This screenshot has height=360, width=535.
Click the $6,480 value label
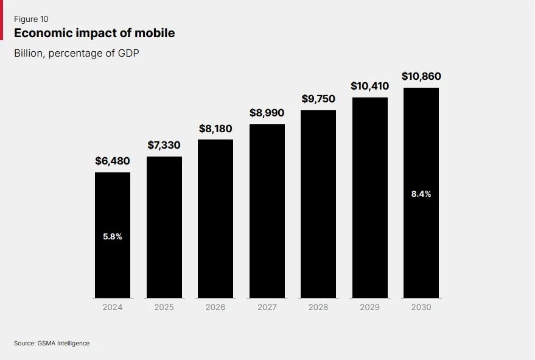coord(113,161)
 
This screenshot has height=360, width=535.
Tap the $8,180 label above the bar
coord(215,129)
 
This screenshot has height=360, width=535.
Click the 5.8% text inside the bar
coord(113,236)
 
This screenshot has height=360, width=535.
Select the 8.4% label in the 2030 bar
coord(421,194)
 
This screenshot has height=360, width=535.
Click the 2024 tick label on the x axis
coord(113,307)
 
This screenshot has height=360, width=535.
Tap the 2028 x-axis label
coord(318,307)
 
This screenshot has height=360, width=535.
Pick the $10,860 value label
coord(421,76)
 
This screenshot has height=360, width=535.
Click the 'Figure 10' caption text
coord(31,19)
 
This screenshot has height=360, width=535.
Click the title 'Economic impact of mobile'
coord(94,33)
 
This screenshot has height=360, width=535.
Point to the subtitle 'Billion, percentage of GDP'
coord(77,53)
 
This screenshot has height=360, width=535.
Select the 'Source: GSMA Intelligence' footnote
coord(52,344)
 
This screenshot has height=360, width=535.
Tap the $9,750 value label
coord(318,99)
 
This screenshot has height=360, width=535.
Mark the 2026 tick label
coord(215,307)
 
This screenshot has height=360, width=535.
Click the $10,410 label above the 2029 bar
coord(370,86)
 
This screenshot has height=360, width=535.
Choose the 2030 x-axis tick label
coord(421,307)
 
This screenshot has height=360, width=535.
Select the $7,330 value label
coord(164,145)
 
